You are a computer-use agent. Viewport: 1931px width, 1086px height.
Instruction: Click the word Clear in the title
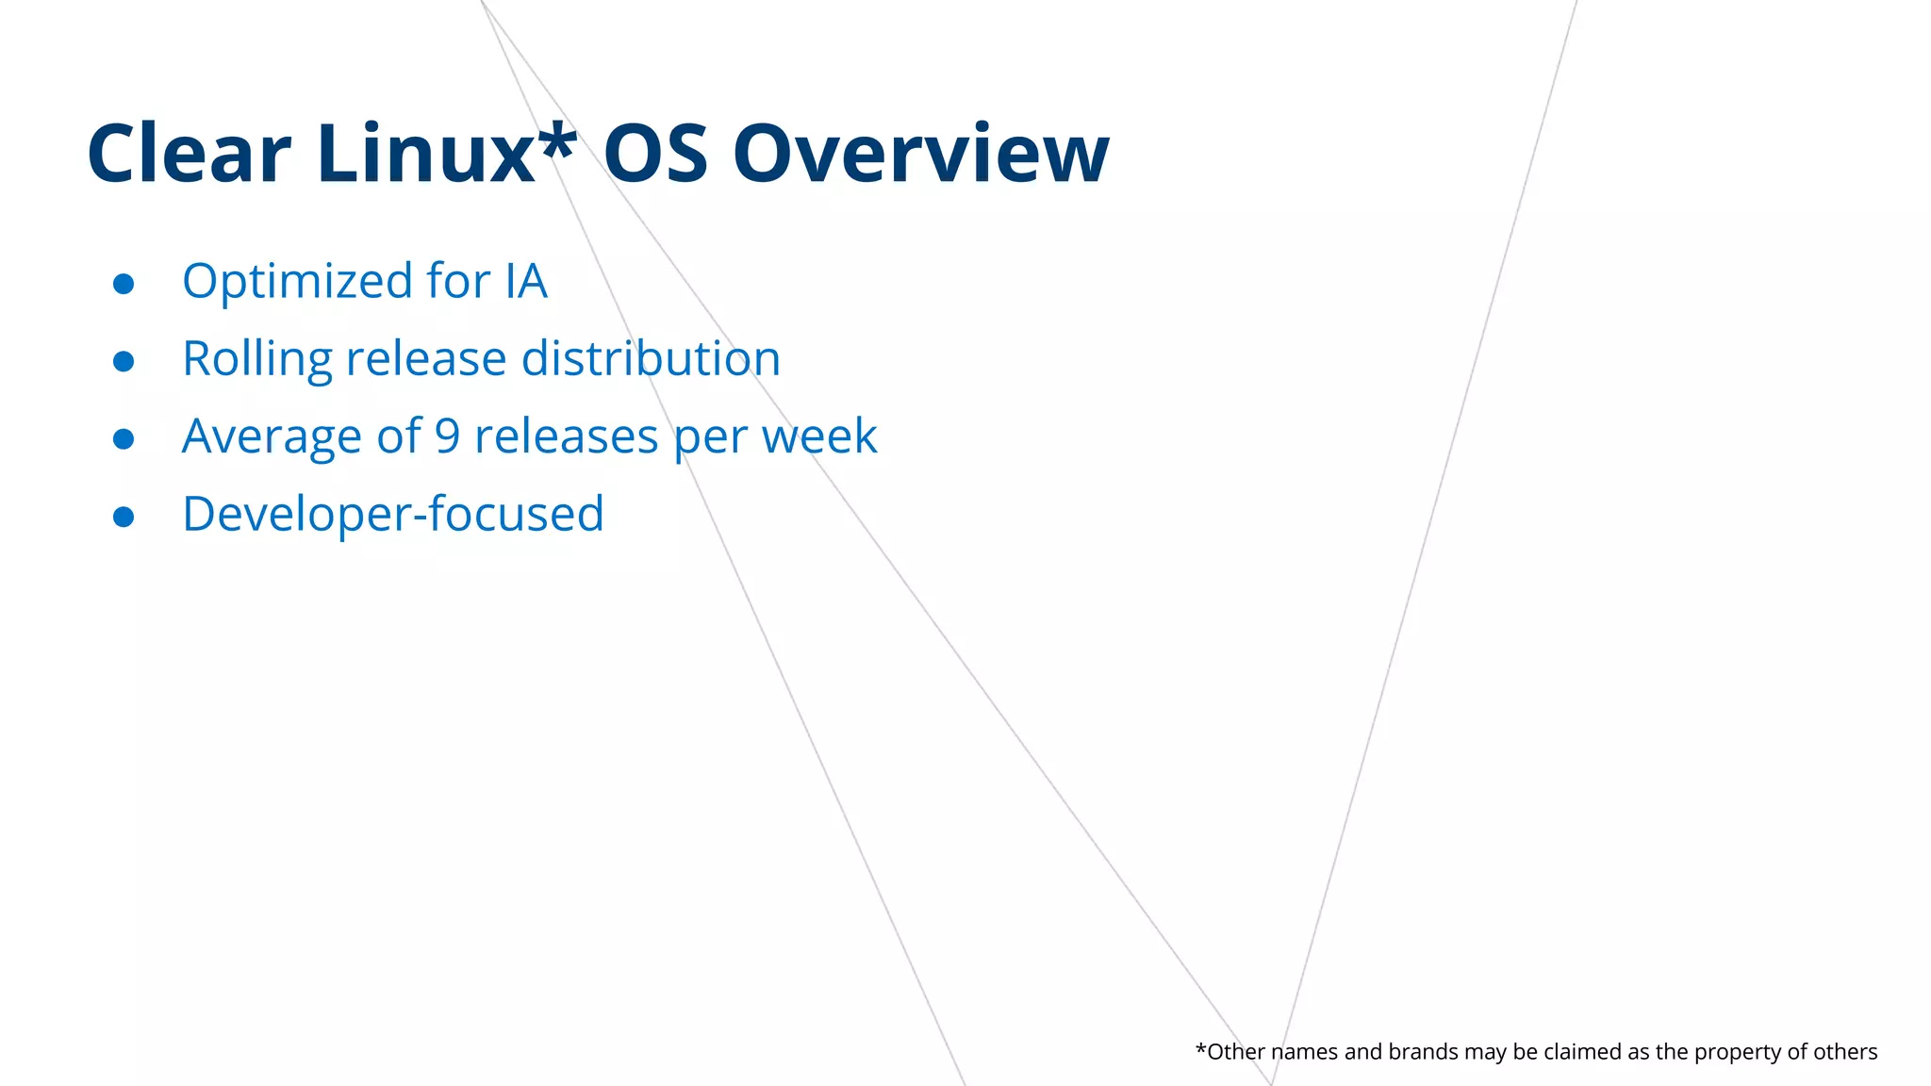[x=189, y=154]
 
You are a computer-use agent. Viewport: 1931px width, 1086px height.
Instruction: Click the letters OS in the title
[x=655, y=154]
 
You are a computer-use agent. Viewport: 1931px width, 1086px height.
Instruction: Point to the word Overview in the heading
[x=921, y=154]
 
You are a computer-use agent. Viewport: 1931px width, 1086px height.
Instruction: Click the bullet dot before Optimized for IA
[x=124, y=284]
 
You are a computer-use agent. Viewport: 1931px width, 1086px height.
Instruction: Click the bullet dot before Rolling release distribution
[x=124, y=361]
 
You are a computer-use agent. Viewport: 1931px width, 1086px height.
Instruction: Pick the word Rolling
[x=257, y=359]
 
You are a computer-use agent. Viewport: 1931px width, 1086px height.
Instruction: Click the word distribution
[x=651, y=358]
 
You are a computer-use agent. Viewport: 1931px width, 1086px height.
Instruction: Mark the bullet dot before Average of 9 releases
[x=124, y=439]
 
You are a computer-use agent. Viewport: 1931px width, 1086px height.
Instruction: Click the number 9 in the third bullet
[x=447, y=436]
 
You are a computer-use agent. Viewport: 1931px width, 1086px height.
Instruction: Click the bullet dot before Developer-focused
[x=124, y=517]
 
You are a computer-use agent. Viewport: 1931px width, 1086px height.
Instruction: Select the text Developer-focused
[x=392, y=515]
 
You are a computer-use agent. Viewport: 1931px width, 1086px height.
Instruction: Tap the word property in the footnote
[x=1737, y=1053]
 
